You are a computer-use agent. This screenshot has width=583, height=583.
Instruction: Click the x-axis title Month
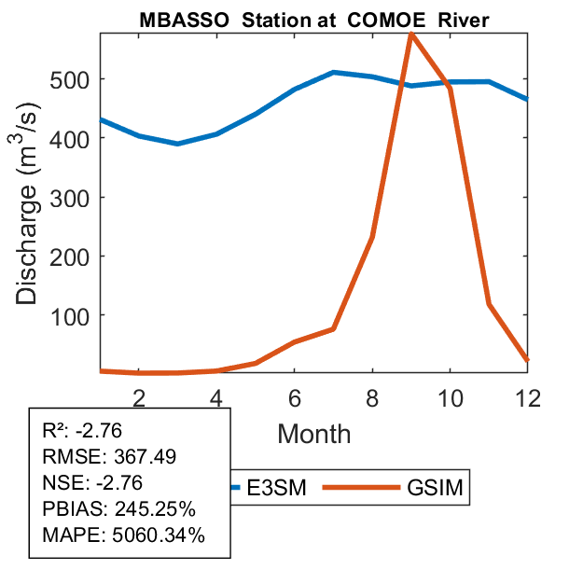click(x=314, y=434)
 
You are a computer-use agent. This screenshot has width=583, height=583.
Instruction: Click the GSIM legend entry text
click(x=435, y=488)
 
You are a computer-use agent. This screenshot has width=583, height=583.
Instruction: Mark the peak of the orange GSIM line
click(x=411, y=35)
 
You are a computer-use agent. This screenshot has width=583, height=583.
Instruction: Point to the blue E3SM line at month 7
click(x=334, y=73)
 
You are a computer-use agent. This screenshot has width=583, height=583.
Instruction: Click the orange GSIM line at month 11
click(x=489, y=304)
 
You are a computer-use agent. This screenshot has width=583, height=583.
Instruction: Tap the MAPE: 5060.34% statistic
click(x=123, y=535)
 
